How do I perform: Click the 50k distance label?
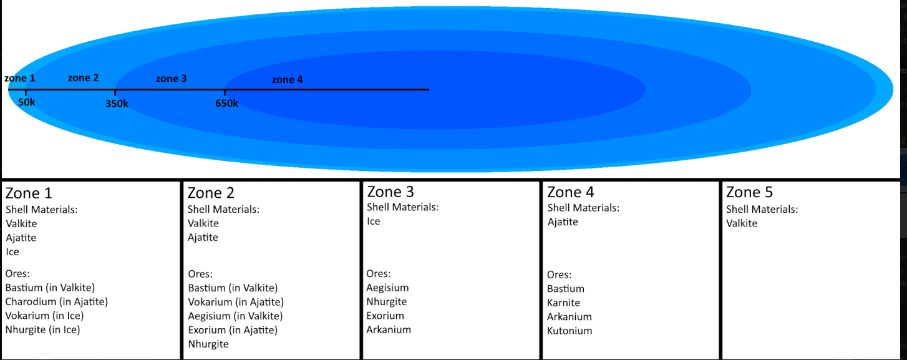click(x=27, y=102)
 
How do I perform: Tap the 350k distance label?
click(x=117, y=104)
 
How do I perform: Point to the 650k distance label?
click(x=226, y=104)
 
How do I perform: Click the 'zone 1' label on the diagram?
click(x=20, y=78)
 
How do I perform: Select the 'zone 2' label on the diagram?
click(x=83, y=78)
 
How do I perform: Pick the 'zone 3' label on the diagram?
click(x=171, y=79)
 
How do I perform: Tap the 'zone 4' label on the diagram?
click(x=287, y=80)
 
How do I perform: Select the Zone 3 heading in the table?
click(x=390, y=192)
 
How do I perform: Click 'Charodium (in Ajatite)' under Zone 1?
click(x=57, y=302)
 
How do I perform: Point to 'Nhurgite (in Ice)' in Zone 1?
click(x=42, y=329)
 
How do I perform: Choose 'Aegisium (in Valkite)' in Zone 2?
click(x=235, y=316)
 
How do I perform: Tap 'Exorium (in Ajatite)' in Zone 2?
click(x=233, y=330)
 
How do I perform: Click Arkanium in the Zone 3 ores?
click(x=389, y=329)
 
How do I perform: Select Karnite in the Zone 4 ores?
click(x=563, y=303)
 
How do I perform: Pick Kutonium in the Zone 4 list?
click(x=570, y=331)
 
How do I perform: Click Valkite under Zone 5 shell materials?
click(x=742, y=223)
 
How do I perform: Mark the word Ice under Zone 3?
click(x=373, y=221)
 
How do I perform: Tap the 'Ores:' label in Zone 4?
click(x=559, y=275)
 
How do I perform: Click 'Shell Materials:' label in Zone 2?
click(x=223, y=210)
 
